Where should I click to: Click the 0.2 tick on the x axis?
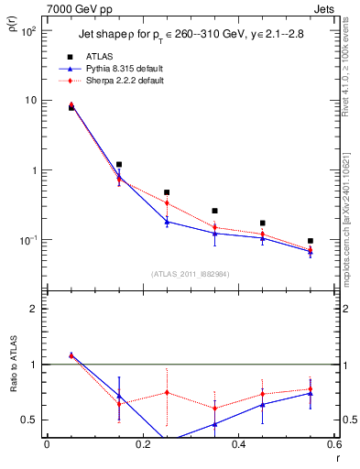click(x=142, y=444)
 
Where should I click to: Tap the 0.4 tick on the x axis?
click(x=238, y=444)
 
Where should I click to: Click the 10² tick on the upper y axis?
click(x=28, y=31)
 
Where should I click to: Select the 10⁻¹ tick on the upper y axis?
click(x=27, y=240)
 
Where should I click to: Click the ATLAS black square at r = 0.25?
click(x=167, y=192)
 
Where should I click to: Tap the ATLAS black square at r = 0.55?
click(x=311, y=241)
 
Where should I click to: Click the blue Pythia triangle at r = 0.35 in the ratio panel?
click(x=214, y=424)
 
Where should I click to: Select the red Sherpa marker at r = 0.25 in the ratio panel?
click(x=167, y=392)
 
